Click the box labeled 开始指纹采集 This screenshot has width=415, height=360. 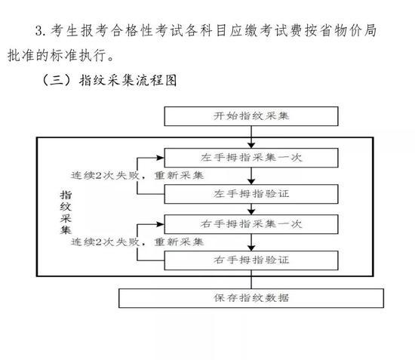tap(251, 116)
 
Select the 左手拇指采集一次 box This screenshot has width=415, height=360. tap(251, 158)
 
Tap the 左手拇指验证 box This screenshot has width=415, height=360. tap(251, 194)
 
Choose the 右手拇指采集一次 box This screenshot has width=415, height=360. tap(251, 224)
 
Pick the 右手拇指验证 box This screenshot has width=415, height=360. tap(251, 260)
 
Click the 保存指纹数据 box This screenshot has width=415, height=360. tap(251, 298)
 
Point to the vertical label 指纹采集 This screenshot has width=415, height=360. tap(66, 212)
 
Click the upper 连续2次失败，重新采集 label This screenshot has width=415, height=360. tap(137, 176)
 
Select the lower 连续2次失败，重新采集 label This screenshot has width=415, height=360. tap(137, 242)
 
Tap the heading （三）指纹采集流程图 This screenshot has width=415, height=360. tap(109, 80)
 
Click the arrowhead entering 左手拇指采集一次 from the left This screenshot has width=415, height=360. tap(161, 158)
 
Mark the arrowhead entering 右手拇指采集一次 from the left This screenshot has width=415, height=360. tap(161, 224)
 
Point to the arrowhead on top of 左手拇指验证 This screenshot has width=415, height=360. tap(251, 182)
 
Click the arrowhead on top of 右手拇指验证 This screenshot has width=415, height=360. tap(251, 248)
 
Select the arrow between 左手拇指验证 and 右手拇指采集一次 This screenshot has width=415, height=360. tap(251, 209)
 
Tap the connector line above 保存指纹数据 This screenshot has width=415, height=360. tap(251, 279)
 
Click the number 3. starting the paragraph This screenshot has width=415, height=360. tap(41, 30)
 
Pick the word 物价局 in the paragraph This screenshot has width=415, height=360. tap(355, 30)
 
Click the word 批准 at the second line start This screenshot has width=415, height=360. tap(21, 55)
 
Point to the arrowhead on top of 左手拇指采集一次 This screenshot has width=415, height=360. tap(251, 146)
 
